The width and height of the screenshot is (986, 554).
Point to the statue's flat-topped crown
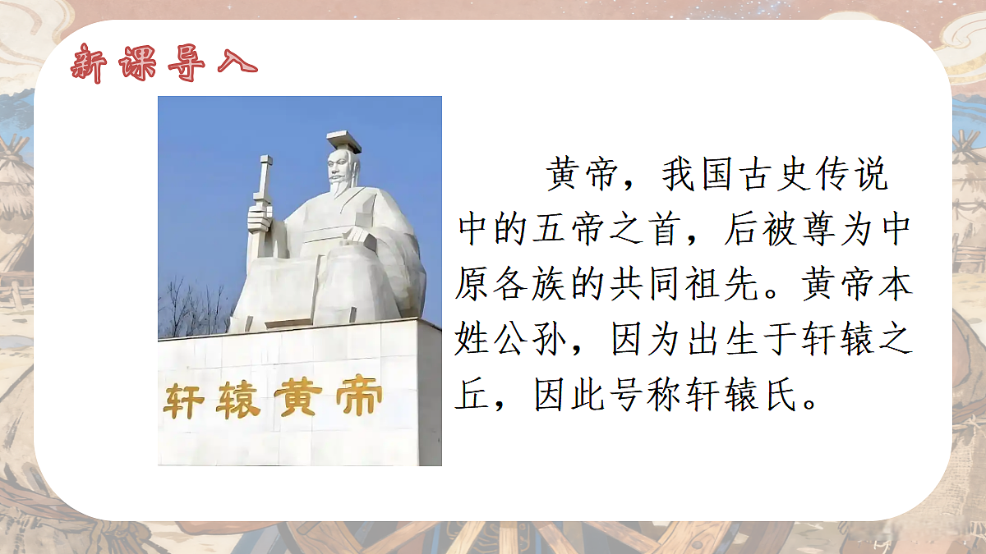pyautogui.click(x=343, y=141)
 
